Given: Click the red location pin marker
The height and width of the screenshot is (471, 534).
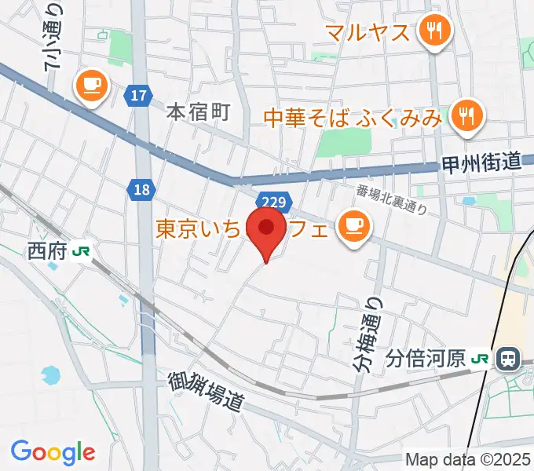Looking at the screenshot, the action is [x=266, y=229].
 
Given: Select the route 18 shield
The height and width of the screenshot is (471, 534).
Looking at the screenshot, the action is [x=141, y=189].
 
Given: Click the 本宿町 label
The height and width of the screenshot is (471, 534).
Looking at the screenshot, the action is [x=198, y=112].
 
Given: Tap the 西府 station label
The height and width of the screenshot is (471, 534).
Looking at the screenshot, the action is [x=47, y=251].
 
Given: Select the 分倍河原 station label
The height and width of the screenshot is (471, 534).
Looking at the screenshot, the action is [x=426, y=360].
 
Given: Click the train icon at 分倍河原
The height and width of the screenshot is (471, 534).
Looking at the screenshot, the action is [x=508, y=360].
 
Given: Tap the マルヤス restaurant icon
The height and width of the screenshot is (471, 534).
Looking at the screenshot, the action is [x=433, y=33].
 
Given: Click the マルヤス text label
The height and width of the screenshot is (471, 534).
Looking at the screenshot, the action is [x=368, y=34].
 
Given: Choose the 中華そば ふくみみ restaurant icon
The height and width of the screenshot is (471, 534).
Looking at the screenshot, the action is [x=467, y=117].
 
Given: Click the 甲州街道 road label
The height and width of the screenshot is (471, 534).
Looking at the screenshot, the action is [x=481, y=163].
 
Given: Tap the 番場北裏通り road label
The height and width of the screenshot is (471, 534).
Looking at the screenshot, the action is [x=390, y=199].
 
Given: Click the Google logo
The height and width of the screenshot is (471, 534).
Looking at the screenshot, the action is [x=53, y=452].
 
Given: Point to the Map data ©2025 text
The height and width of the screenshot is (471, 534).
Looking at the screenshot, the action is [x=468, y=459].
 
